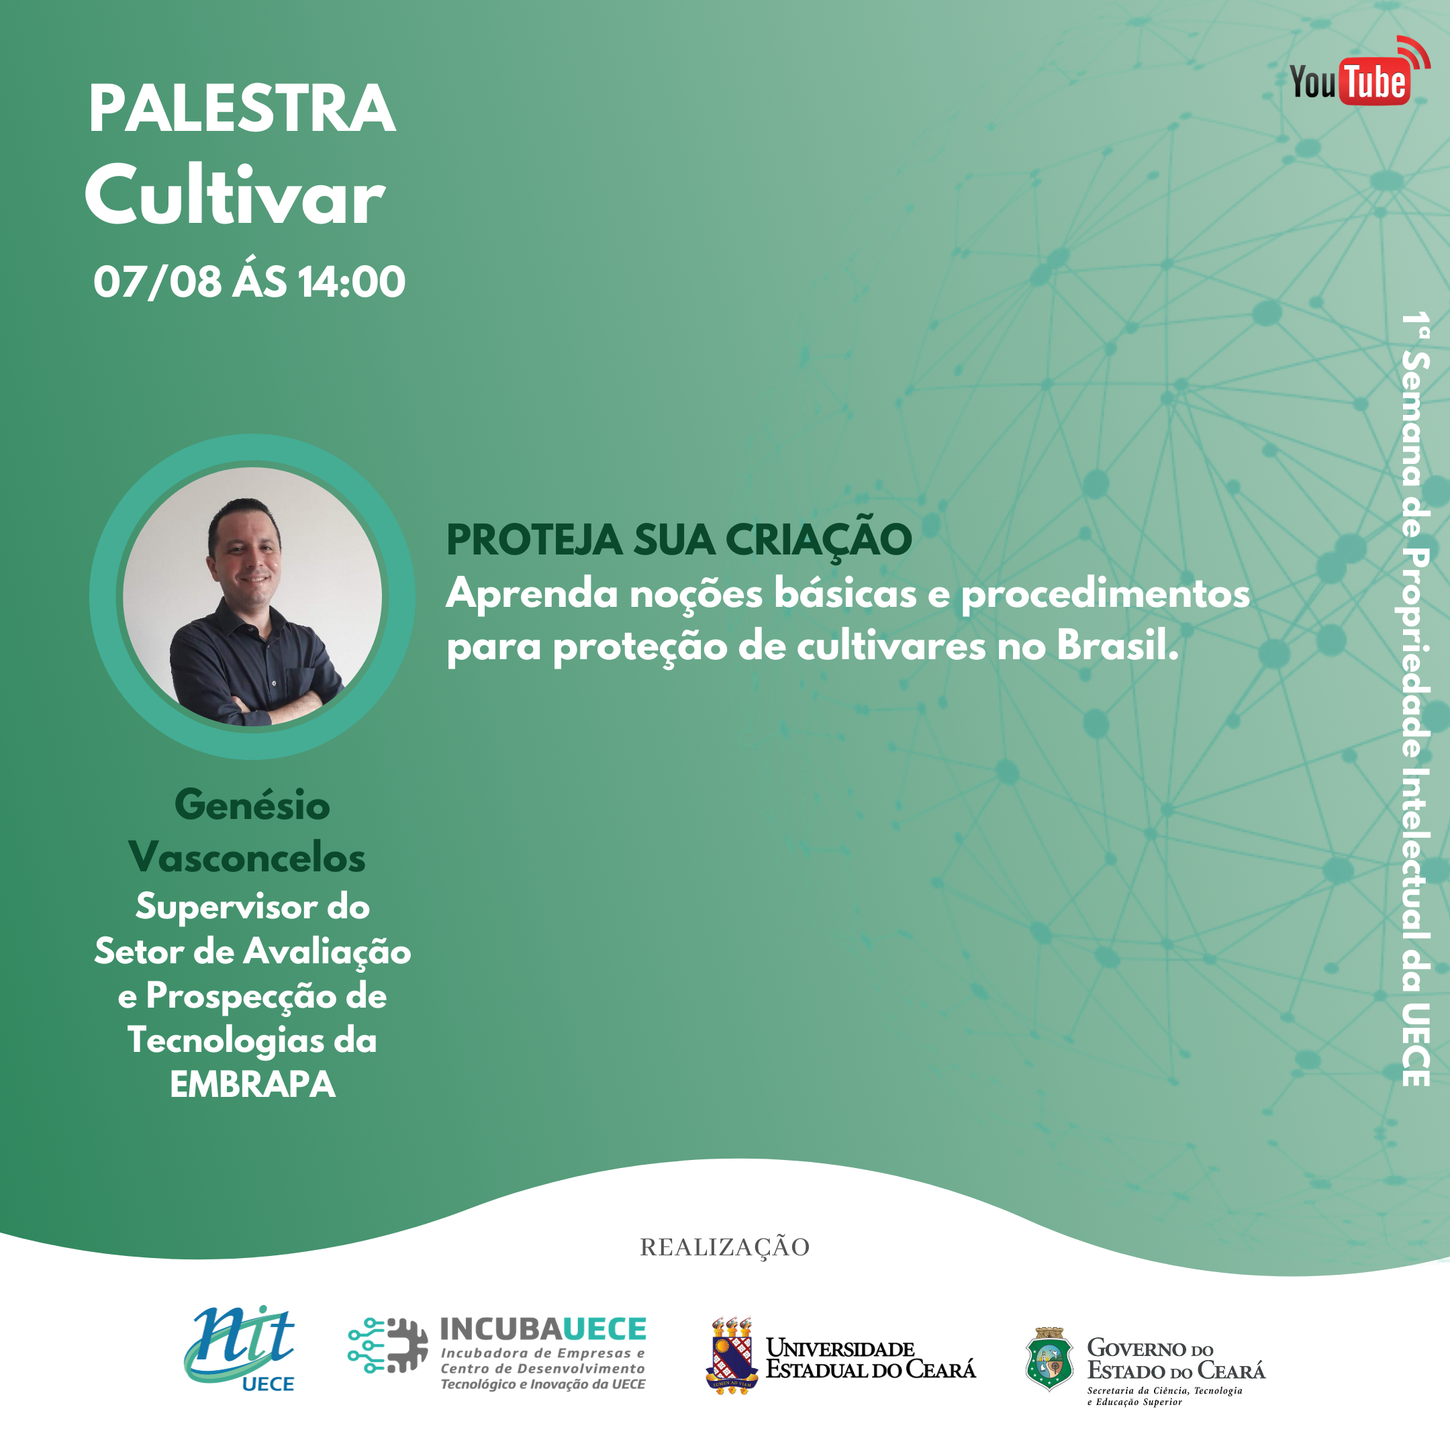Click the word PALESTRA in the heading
click(242, 109)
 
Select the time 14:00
click(351, 282)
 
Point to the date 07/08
click(158, 282)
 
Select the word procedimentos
click(1106, 594)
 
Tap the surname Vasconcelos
click(247, 857)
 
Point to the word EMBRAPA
click(252, 1085)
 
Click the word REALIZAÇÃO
click(724, 1247)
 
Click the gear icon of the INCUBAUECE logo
click(406, 1346)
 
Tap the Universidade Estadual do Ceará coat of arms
click(732, 1355)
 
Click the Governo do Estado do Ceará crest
click(1049, 1359)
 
